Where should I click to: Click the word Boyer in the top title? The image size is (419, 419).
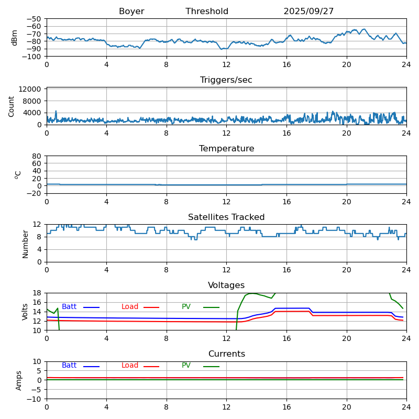[x=131, y=12]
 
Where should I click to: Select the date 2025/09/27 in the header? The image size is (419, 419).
[x=308, y=12]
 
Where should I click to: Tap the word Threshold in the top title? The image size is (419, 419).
[x=207, y=12]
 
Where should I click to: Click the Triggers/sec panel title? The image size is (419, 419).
[x=226, y=80]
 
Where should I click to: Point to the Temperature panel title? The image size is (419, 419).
[x=226, y=149]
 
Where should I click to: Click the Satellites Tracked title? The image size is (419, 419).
[x=226, y=217]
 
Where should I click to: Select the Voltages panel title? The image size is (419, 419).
[x=226, y=285]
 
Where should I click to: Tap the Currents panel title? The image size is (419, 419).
[x=226, y=354]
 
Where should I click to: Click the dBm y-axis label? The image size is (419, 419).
[x=15, y=38]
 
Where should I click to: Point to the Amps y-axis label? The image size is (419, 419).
[x=19, y=380]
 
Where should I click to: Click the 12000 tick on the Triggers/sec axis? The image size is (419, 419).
[x=31, y=90]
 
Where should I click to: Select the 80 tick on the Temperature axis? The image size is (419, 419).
[x=37, y=156]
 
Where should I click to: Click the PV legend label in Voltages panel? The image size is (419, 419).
[x=186, y=307]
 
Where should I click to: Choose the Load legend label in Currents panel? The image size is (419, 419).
[x=130, y=366]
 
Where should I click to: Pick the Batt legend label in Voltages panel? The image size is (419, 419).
[x=69, y=307]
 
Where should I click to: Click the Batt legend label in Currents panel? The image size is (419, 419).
[x=69, y=366]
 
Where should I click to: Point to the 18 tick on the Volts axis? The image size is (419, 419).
[x=37, y=293]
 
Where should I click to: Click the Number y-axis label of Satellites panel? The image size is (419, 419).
[x=25, y=244]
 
